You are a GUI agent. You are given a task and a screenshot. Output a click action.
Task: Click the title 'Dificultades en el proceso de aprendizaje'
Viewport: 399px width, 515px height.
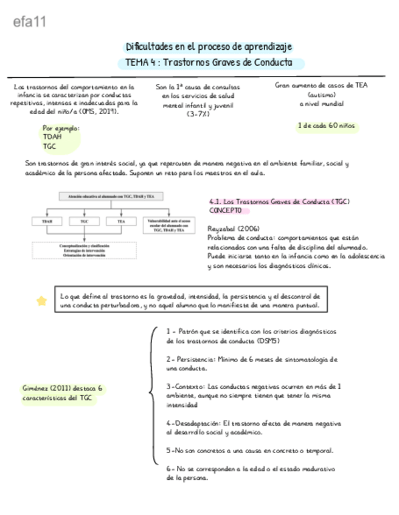209,47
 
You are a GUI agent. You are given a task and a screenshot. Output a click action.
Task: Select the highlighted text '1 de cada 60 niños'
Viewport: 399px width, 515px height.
326,126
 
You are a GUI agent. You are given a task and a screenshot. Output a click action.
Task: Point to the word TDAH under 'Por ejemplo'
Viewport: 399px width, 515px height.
53,137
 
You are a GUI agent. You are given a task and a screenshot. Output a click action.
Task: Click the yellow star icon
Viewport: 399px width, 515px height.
41,301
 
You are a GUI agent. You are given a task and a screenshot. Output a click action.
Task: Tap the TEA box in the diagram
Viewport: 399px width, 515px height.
121,222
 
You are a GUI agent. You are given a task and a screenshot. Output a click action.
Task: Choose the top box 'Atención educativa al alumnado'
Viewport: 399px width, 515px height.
106,196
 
